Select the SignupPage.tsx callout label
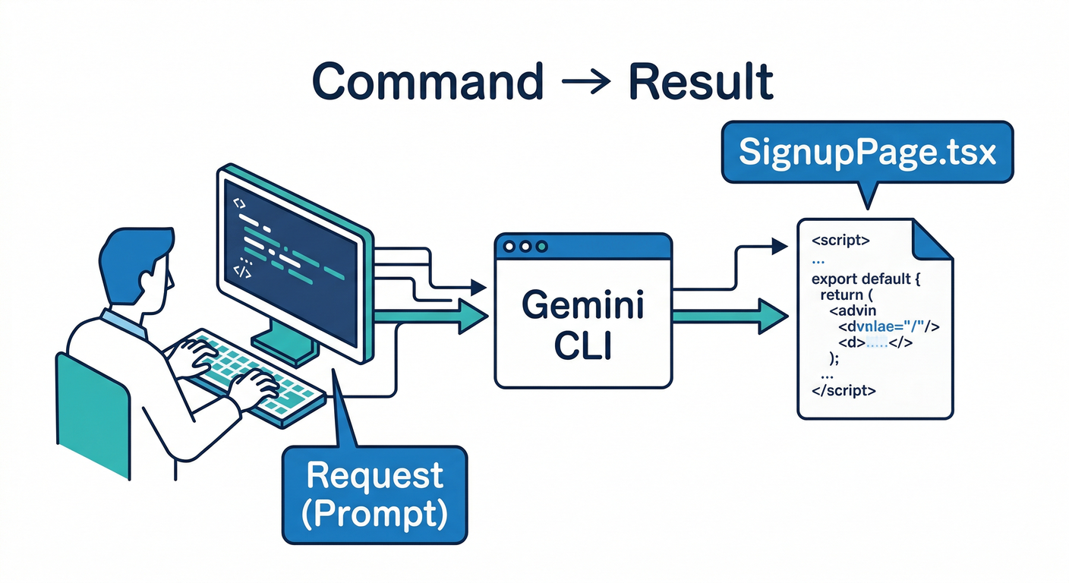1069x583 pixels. click(867, 153)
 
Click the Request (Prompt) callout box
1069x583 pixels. click(374, 495)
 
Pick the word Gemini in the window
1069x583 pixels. click(583, 306)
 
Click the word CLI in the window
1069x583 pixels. click(583, 347)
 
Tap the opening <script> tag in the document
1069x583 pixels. click(840, 241)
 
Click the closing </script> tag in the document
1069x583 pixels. click(844, 392)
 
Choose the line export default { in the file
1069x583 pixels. click(866, 279)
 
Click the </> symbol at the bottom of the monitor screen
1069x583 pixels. click(241, 269)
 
